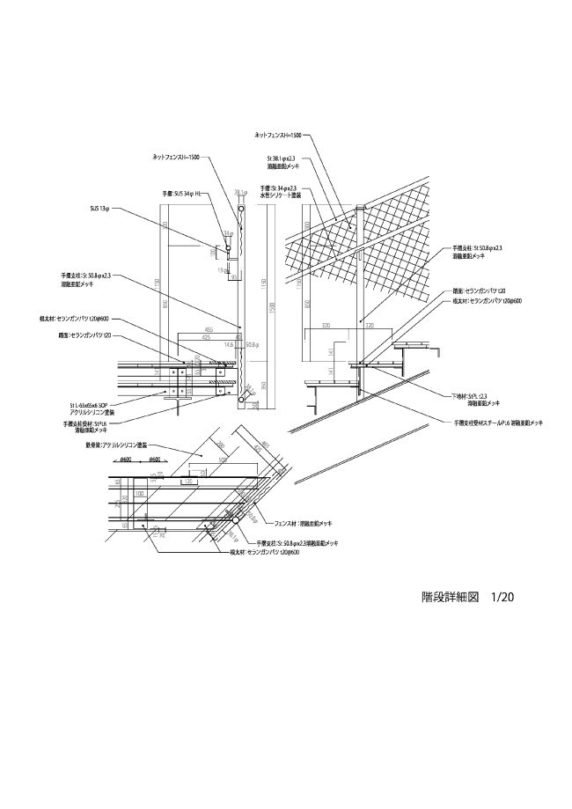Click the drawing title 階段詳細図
pos(449,597)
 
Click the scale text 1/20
pos(502,597)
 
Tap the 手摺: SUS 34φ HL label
pos(180,193)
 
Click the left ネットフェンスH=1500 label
pos(176,157)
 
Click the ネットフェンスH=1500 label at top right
pos(278,136)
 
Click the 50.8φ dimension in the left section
pos(252,345)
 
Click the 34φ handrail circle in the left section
pos(228,249)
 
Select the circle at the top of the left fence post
pos(241,210)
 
